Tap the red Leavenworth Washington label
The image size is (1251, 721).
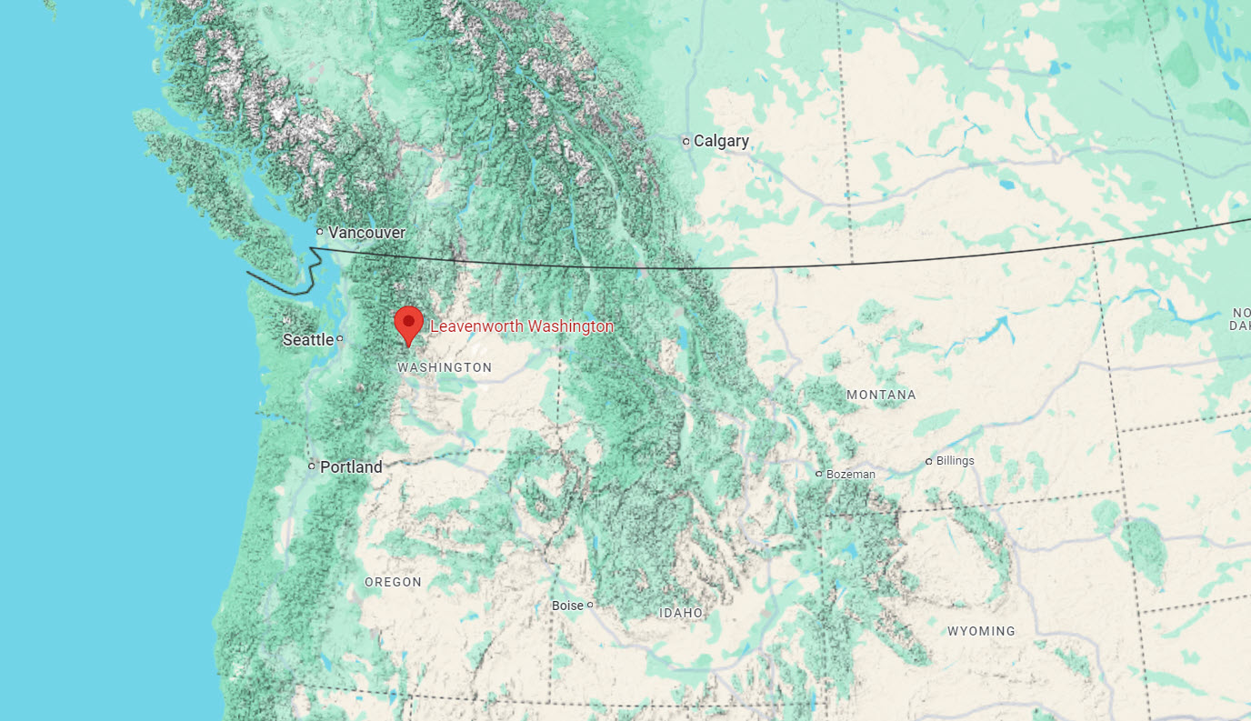(x=522, y=326)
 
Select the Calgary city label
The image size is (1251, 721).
(x=721, y=141)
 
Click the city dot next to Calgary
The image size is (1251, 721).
(x=686, y=141)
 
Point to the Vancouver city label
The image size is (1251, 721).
(x=366, y=233)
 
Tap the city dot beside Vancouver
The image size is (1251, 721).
(x=320, y=232)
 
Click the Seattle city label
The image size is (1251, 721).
(x=308, y=340)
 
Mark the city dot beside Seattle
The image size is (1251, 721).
(x=340, y=339)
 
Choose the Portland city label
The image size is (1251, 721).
(x=351, y=467)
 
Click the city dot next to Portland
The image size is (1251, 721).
(x=312, y=466)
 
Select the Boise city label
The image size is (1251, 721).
(x=567, y=606)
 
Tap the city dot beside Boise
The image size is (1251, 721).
(x=590, y=605)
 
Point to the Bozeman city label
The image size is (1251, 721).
(x=851, y=475)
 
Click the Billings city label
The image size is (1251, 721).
(x=955, y=461)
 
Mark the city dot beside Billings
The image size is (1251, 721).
(x=928, y=461)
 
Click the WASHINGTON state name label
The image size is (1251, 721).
(x=445, y=368)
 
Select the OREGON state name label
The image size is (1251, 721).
(x=393, y=582)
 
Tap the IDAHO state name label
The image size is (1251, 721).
(x=681, y=614)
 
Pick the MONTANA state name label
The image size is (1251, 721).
(x=881, y=396)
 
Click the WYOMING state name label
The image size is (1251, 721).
(x=981, y=631)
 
